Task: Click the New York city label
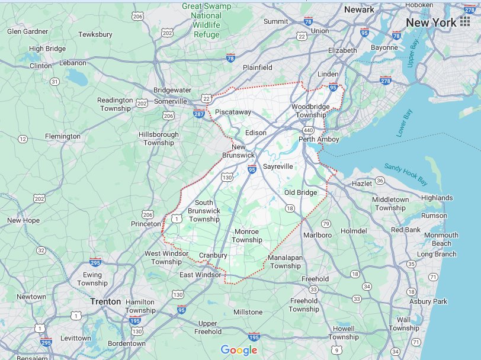click(431, 23)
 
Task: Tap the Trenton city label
click(105, 301)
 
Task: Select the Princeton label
click(146, 224)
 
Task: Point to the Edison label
click(256, 133)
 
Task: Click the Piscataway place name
click(233, 112)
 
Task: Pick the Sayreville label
click(278, 166)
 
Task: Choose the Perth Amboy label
click(319, 140)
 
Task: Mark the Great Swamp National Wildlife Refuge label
click(206, 21)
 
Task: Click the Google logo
click(239, 350)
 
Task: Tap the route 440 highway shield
click(308, 130)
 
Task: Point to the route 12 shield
click(23, 139)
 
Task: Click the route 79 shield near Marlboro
click(326, 223)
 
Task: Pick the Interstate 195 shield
click(254, 337)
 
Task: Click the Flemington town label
click(63, 136)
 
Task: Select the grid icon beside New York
click(464, 23)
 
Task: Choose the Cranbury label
click(213, 256)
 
